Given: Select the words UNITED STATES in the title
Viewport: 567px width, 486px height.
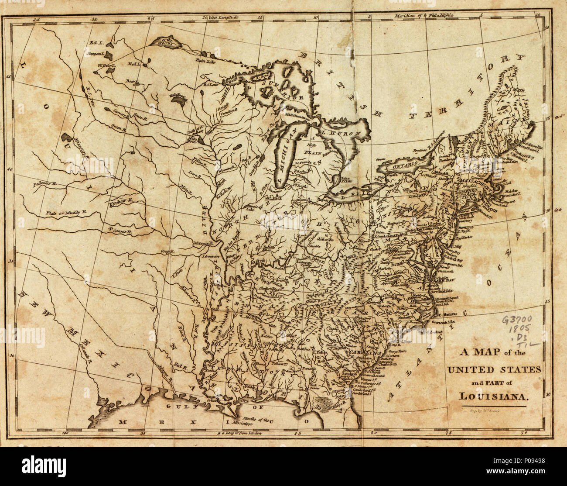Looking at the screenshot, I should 494,369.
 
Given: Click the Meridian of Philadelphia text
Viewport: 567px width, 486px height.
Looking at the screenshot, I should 424,16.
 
